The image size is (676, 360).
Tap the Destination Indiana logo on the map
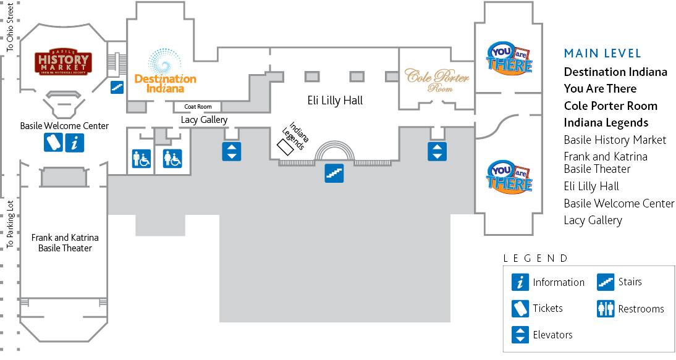click(165, 71)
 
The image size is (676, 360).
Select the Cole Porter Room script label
click(437, 80)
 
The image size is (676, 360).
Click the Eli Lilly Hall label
click(335, 100)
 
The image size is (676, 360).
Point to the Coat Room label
click(198, 107)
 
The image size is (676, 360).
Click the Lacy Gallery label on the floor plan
click(204, 120)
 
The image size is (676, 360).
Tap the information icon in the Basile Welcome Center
click(75, 143)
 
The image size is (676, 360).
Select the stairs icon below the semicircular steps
click(334, 173)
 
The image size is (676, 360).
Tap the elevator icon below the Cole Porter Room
click(437, 151)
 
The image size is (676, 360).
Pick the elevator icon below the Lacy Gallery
click(232, 151)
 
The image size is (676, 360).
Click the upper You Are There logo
click(510, 57)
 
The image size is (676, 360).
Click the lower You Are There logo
click(510, 176)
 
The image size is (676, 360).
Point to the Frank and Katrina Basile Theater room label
click(65, 243)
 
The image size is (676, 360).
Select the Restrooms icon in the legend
click(606, 309)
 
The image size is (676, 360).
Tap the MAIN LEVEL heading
click(602, 54)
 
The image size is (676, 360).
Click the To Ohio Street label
click(10, 28)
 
